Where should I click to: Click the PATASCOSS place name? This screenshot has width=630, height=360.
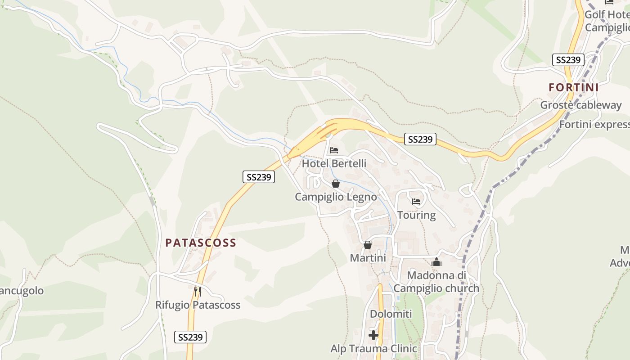[x=201, y=243]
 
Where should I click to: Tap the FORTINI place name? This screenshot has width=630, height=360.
[x=574, y=87]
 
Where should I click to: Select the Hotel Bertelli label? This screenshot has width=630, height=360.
[x=334, y=163]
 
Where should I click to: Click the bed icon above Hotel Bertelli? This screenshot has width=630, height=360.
[x=334, y=150]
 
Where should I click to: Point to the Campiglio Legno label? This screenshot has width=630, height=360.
[x=336, y=197]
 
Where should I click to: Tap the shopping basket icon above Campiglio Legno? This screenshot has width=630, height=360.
[x=335, y=184]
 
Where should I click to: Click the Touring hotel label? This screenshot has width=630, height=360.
[x=416, y=215]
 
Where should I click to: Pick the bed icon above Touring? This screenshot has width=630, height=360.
[x=416, y=201]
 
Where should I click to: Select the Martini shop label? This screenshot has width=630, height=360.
[x=368, y=258]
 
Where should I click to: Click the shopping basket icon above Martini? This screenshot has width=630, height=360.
[x=368, y=245]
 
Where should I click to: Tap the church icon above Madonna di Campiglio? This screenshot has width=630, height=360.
[x=436, y=262]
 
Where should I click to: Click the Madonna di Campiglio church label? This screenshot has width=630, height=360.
[x=436, y=282]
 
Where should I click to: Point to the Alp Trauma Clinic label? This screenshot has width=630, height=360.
[x=373, y=348]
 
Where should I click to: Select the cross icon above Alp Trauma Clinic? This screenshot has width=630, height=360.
[x=373, y=335]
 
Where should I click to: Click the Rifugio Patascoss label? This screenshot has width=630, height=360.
[x=198, y=305]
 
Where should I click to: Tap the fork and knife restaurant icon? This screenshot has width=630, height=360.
[x=197, y=291]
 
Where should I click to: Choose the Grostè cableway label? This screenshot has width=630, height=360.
[x=580, y=105]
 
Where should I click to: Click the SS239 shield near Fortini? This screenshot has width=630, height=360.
[x=568, y=60]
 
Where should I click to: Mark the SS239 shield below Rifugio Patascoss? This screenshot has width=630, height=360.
[x=190, y=337]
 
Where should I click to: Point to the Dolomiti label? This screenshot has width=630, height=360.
[x=391, y=314]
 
